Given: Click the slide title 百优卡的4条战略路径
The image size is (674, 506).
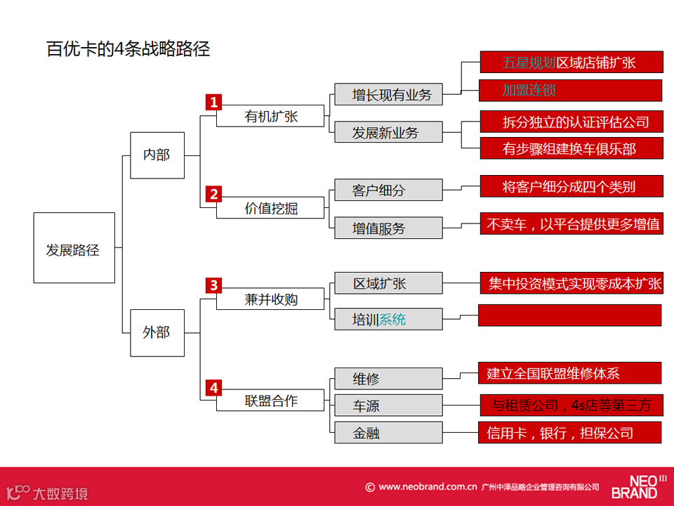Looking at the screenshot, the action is (x=128, y=50).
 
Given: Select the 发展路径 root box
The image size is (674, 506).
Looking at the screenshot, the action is (x=74, y=248).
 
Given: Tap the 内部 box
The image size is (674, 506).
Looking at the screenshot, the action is (x=157, y=155).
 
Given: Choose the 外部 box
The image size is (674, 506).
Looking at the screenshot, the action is (x=157, y=332).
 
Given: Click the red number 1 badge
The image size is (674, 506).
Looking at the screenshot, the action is (x=213, y=102).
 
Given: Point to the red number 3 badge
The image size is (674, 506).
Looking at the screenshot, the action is (x=213, y=285).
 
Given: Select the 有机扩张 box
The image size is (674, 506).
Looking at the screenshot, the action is (x=271, y=117).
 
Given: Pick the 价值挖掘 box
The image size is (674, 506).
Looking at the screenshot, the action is (x=271, y=208).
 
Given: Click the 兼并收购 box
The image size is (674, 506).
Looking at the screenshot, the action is (x=271, y=299).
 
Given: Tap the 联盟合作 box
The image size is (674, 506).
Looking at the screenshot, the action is (x=271, y=401).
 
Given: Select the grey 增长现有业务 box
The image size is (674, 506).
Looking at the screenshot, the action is (x=388, y=95).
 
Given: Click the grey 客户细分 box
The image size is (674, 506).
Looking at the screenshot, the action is (x=388, y=190).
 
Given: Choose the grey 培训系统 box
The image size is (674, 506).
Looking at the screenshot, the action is (x=388, y=320).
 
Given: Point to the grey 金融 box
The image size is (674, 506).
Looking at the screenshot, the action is (x=388, y=433).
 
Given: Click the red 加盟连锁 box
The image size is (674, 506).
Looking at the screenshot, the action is (x=571, y=91).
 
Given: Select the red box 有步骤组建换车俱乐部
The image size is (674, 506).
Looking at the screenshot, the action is (x=571, y=148).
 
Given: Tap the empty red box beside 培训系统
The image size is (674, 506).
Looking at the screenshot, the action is (x=569, y=315).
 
